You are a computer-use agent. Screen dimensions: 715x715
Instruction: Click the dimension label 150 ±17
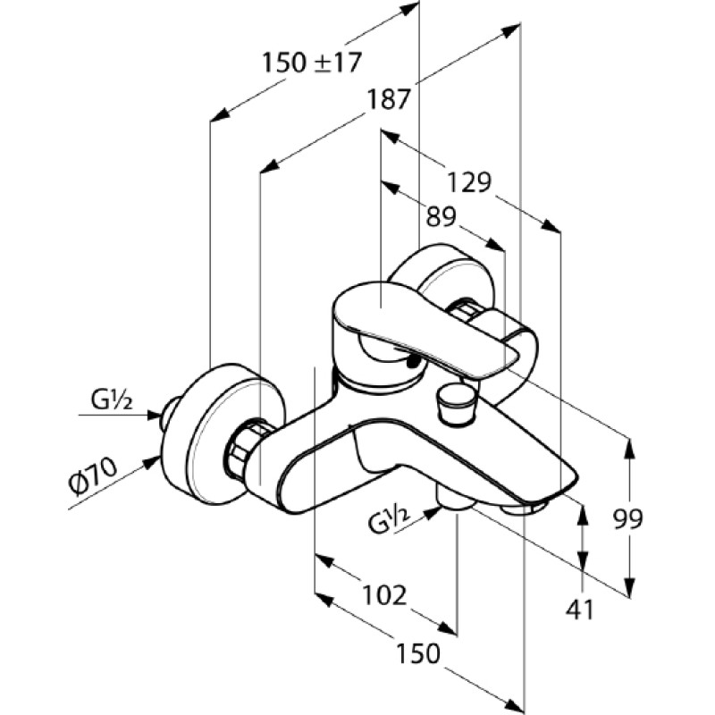[312, 63]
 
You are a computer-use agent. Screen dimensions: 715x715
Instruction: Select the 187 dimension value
[390, 99]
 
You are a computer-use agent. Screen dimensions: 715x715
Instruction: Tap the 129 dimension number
[469, 182]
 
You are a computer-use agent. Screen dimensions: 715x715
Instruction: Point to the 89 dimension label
[441, 217]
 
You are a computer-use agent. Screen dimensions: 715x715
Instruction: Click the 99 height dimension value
[628, 518]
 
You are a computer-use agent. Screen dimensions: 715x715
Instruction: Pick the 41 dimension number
[580, 610]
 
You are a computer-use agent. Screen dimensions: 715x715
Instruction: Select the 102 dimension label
[384, 595]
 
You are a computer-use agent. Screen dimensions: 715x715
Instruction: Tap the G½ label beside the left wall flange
[112, 400]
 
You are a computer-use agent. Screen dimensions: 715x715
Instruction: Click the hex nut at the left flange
[247, 450]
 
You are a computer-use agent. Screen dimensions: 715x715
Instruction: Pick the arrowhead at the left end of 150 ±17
[219, 115]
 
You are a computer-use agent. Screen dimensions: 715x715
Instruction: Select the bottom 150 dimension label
[418, 653]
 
